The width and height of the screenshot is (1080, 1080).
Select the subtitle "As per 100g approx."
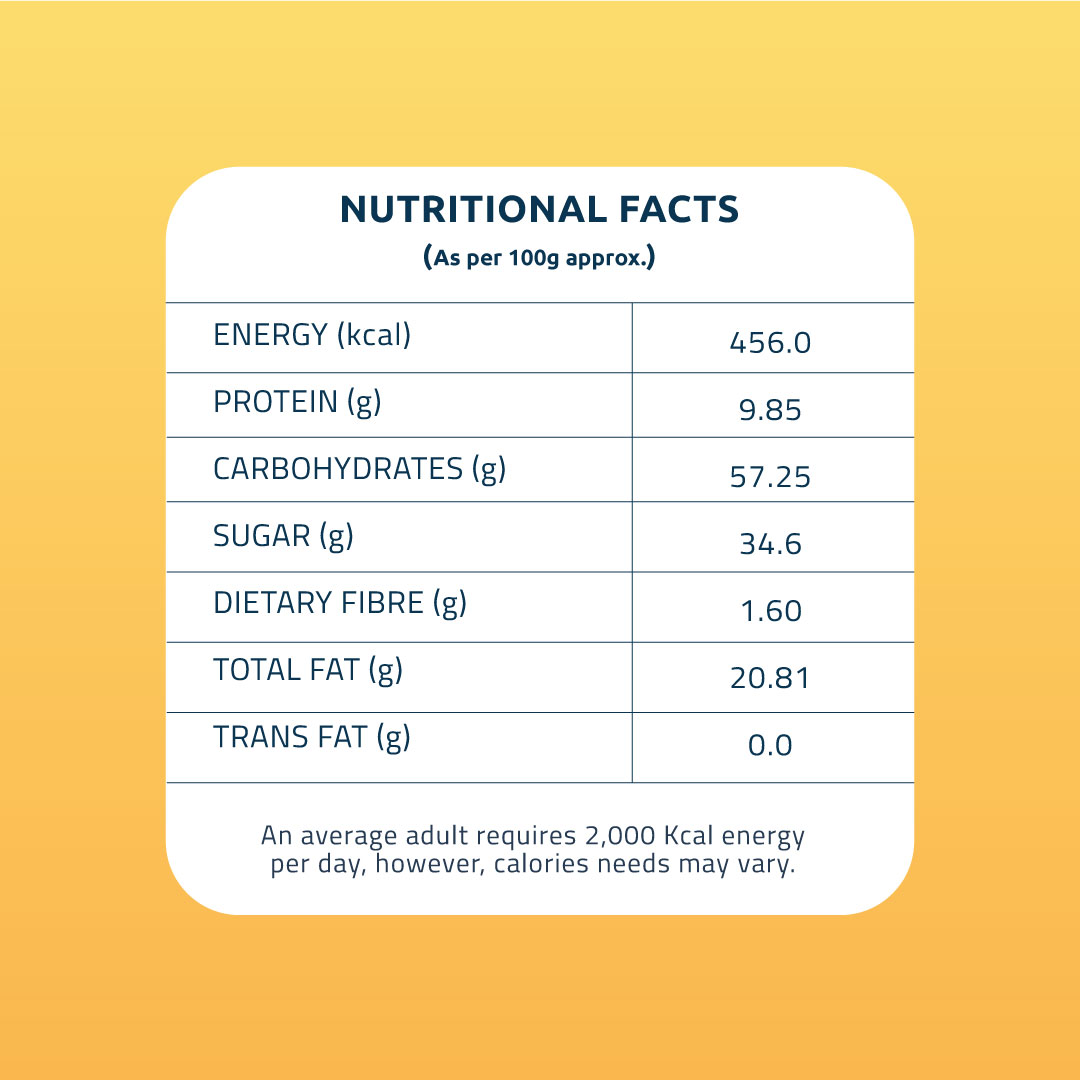pyautogui.click(x=539, y=257)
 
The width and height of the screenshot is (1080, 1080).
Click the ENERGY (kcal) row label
pyautogui.click(x=312, y=336)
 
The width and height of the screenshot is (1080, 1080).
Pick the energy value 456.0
pyautogui.click(x=770, y=343)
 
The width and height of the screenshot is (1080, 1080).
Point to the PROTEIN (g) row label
pyautogui.click(x=297, y=403)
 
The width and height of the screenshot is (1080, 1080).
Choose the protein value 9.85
pyautogui.click(x=770, y=410)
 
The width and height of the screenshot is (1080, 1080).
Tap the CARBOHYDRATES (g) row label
pyautogui.click(x=359, y=469)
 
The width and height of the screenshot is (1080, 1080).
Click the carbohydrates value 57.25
pyautogui.click(x=770, y=477)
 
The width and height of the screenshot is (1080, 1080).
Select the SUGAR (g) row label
pyautogui.click(x=283, y=537)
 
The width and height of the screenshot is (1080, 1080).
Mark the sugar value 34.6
pyautogui.click(x=770, y=544)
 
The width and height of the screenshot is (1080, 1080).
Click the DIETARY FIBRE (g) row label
pyautogui.click(x=340, y=603)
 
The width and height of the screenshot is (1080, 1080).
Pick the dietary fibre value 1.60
pyautogui.click(x=770, y=611)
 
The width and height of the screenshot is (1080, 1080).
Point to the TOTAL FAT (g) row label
pyautogui.click(x=308, y=670)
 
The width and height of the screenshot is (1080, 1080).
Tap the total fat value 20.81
pyautogui.click(x=770, y=678)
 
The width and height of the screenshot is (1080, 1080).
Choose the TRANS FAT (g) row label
pyautogui.click(x=312, y=738)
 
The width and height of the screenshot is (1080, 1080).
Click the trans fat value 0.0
pyautogui.click(x=770, y=745)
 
